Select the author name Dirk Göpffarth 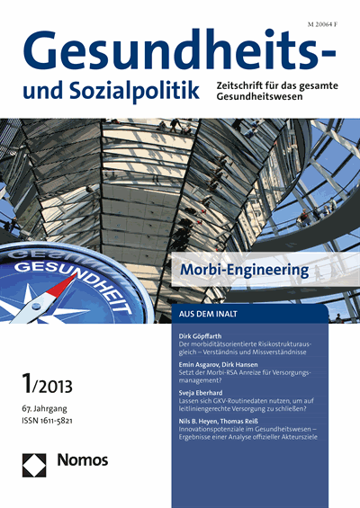coord(203,334)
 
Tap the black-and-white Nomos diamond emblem coord(35,463)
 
